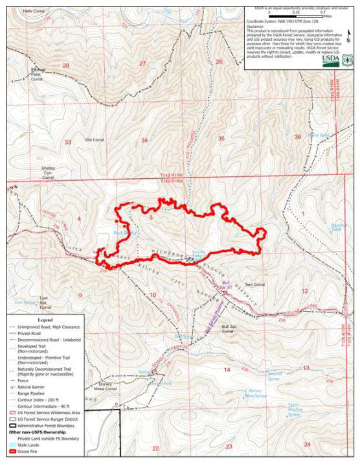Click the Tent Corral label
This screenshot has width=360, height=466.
(254, 285)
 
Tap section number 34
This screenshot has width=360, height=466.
(144, 140)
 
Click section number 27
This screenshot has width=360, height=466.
(142, 63)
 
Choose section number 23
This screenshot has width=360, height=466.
(229, 447)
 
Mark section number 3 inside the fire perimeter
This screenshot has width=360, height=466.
(150, 218)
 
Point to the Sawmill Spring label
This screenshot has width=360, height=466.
(274, 375)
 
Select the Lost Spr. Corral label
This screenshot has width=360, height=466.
(45, 301)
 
